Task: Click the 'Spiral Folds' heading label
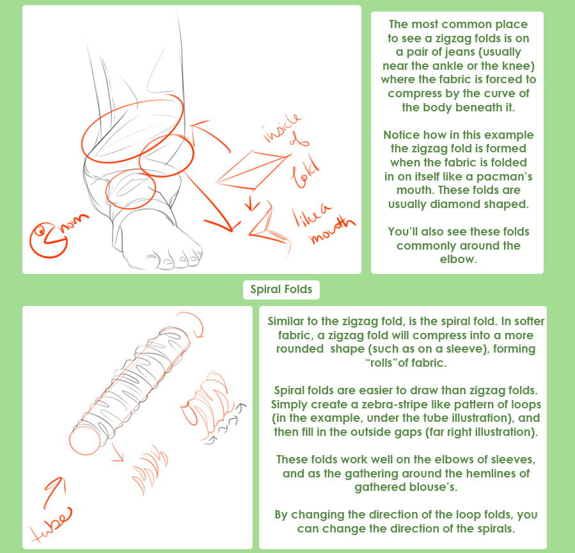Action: (281, 289)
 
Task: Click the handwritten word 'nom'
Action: (76, 221)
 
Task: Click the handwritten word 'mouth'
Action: (332, 229)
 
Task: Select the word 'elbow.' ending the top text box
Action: (459, 259)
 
